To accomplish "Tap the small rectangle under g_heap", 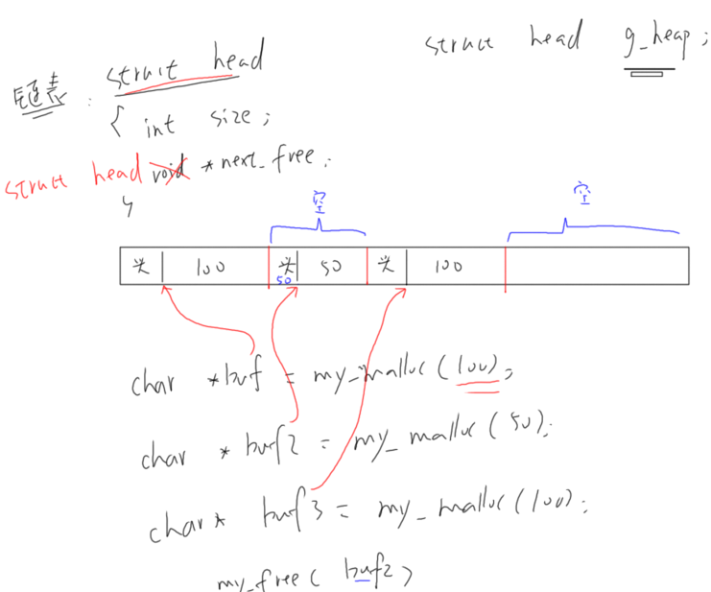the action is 650,72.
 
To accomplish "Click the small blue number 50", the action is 284,281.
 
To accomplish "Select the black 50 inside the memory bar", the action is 330,267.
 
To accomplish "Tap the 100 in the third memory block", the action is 448,266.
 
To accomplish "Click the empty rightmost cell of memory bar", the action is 595,267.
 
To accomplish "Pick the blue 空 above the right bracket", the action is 580,198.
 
